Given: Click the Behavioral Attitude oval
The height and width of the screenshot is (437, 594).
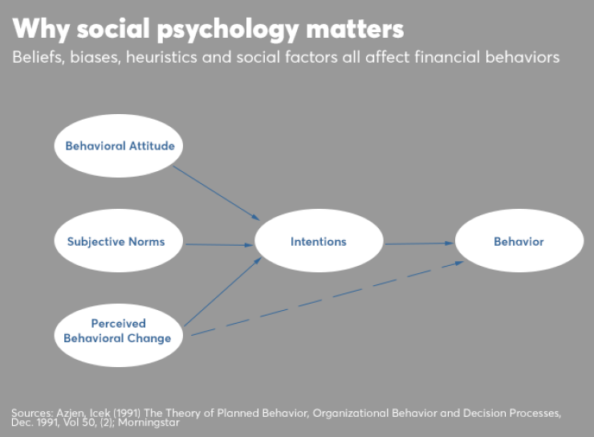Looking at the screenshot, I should coord(119,146).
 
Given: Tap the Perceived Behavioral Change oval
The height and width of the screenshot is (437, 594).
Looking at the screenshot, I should coord(119,331).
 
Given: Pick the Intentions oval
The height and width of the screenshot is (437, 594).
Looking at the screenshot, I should coord(318,241).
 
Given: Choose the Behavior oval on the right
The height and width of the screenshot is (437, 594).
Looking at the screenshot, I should coord(518,241).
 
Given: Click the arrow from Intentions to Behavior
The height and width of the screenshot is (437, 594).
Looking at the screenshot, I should coord(419,243).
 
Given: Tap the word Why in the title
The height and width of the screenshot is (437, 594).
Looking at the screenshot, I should coord(37,29).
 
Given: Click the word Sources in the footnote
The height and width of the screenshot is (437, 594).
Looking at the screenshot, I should coord(31,412).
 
